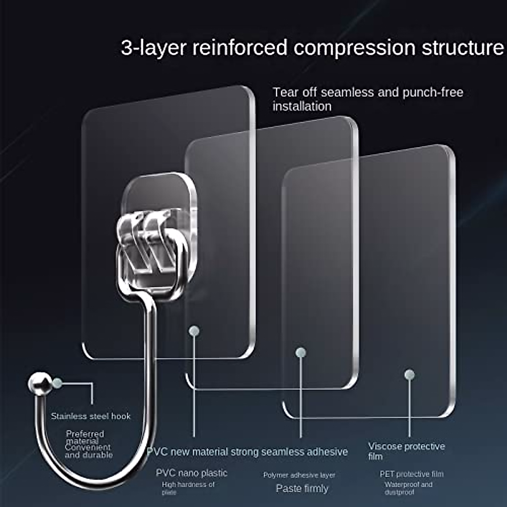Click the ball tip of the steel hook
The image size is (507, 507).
point(39,383)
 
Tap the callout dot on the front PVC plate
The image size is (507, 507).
point(194,331)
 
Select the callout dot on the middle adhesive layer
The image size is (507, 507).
point(300,352)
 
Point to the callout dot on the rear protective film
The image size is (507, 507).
point(409,374)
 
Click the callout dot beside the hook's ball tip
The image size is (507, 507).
point(57,384)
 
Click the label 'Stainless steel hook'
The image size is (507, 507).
point(91,416)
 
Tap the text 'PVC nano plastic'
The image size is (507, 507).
point(191,473)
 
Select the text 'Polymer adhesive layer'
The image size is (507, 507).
point(299,475)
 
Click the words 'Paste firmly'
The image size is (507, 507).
point(302,488)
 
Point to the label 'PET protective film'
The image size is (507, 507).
point(412,474)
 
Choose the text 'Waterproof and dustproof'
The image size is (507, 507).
point(408,488)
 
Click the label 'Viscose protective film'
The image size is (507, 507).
point(406,451)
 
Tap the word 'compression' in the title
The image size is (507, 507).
point(355,47)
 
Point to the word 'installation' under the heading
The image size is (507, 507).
point(302,106)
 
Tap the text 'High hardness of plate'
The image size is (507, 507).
point(188,488)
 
